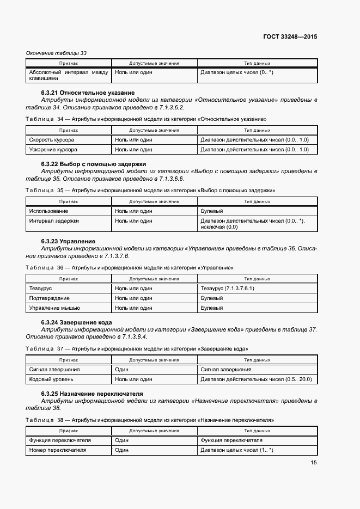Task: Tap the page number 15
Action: [x=314, y=463]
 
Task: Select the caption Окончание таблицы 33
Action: [x=57, y=53]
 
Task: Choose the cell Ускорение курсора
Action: [x=53, y=149]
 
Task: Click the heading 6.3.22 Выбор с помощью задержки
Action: [x=94, y=164]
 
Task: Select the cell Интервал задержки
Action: [x=54, y=221]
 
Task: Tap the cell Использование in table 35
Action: [x=49, y=211]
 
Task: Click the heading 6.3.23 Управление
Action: [x=68, y=241]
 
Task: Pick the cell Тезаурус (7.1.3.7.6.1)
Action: [x=228, y=288]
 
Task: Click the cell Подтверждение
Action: [x=50, y=298]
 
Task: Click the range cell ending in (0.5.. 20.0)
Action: [x=256, y=379]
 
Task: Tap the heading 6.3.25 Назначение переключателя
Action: [x=92, y=394]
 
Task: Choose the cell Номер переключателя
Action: [x=57, y=450]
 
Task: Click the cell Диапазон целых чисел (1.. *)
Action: [x=237, y=450]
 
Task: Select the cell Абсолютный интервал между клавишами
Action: [x=69, y=75]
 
